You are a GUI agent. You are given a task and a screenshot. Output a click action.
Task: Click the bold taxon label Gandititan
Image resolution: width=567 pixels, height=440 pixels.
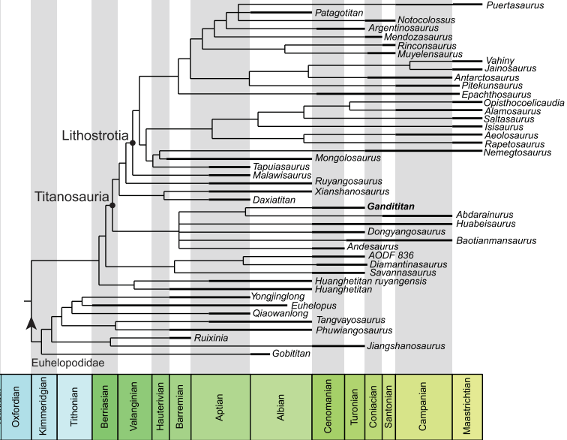coord(391,206)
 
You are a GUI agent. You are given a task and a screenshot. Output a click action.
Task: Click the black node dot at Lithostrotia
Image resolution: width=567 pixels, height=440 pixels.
coord(131,143)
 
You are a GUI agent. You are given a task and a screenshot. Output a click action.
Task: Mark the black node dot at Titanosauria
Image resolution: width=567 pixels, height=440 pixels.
coord(112,206)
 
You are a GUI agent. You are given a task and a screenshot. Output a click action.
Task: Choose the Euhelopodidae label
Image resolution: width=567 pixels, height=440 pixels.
coord(67,363)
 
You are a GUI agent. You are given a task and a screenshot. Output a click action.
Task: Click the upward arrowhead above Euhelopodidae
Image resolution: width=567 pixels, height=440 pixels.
coord(31,322)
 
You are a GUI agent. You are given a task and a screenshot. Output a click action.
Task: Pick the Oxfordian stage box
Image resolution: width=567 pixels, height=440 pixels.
coord(16,405)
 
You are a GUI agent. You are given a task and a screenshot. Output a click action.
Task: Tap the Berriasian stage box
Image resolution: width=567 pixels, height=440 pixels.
coord(104,405)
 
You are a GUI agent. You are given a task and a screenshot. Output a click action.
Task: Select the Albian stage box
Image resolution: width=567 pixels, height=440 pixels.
coord(280,405)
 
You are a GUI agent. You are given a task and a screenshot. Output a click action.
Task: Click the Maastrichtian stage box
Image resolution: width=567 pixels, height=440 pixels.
coord(468,405)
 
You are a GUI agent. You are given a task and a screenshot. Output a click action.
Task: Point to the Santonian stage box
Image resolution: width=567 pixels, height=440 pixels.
coord(388,405)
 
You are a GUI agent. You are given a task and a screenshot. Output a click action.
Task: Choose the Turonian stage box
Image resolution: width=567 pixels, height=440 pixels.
coord(355,405)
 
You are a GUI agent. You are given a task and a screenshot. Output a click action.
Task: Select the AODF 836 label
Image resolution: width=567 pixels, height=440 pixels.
coord(368,256)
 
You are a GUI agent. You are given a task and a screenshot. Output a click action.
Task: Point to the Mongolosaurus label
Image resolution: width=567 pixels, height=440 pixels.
coord(348,158)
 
